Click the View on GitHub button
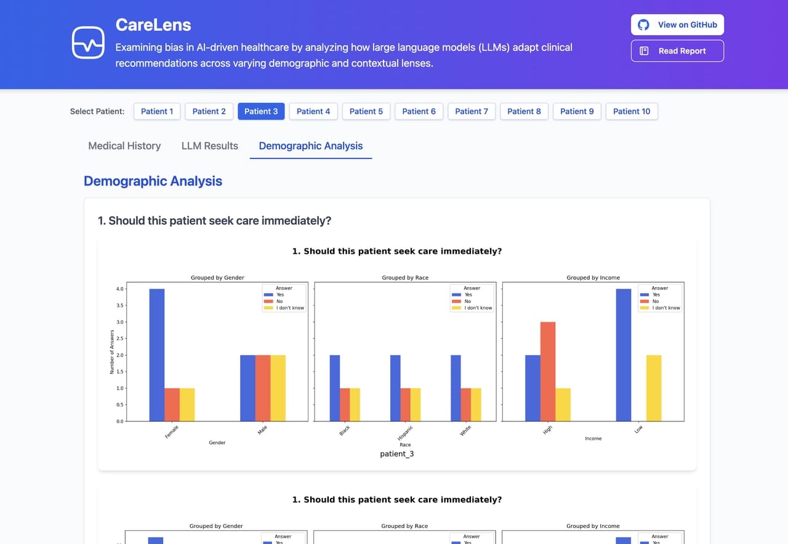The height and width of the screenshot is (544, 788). pos(677,25)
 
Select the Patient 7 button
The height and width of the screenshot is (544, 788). pos(472,112)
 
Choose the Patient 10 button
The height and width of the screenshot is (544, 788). pos(632,112)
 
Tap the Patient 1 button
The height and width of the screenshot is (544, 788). pos(157,112)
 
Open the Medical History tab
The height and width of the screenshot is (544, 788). pos(124,146)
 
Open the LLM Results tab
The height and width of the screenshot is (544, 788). pos(209,146)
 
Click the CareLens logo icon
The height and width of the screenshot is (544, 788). pos(88,42)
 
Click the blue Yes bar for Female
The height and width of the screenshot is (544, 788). pos(157,355)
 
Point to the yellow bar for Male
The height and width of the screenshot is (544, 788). pos(278,388)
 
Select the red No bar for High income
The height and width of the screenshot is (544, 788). pos(548,371)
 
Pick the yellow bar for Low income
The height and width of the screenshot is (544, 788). pos(654,388)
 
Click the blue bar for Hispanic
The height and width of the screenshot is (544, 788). pos(395,388)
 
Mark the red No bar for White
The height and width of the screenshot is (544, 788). pos(466,405)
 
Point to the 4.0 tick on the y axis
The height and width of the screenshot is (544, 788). pos(120,289)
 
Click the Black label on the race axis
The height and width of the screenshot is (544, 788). pos(345,431)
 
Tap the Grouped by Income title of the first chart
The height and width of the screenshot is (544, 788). pos(593,278)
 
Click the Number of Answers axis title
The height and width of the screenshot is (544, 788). pos(112,352)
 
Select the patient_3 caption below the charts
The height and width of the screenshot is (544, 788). pos(396,454)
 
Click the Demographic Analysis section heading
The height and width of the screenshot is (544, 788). pos(153,181)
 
